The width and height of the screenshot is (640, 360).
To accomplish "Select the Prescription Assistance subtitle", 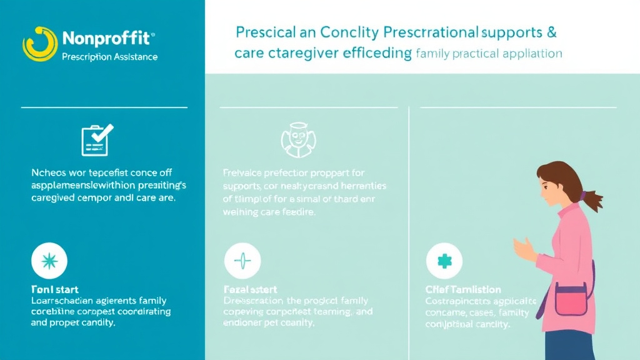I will tap(110, 57).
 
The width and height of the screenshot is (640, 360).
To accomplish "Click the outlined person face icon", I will tap(295, 139).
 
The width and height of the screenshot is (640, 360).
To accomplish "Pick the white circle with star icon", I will tap(49, 261).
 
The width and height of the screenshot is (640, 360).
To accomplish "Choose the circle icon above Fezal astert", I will tap(242, 261).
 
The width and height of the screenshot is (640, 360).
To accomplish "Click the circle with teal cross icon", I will tap(444, 261).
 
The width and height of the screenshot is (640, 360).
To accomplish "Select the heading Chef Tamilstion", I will tap(463, 290).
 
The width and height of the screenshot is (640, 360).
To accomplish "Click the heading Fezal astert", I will tap(250, 290).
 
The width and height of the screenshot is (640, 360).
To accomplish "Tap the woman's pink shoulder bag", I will tap(571, 299).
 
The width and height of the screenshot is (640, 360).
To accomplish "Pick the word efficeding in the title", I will tap(376, 54).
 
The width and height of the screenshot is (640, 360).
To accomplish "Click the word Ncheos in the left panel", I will tap(47, 172).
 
